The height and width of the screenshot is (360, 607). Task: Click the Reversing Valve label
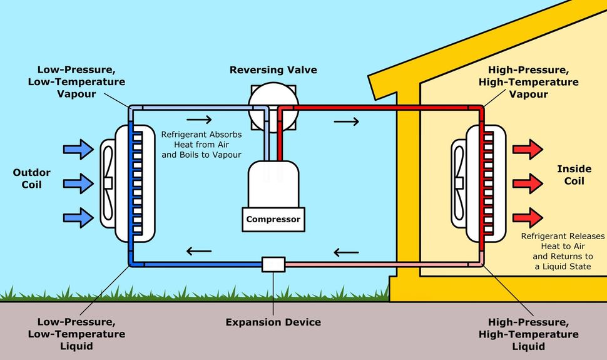273,69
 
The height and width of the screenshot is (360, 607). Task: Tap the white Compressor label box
273,219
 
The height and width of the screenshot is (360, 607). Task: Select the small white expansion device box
273,264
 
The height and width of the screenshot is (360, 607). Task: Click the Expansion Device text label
273,322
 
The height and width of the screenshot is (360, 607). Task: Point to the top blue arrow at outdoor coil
78,150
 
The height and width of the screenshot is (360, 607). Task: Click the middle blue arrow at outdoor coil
78,183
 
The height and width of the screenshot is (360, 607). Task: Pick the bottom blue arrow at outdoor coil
78,217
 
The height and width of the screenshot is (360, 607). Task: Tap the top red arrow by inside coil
527,150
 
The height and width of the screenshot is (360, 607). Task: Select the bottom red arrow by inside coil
527,217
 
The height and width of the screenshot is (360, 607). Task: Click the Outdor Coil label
32,178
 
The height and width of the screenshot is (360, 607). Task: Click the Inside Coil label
570,175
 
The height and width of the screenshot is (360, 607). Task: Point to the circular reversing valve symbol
273,105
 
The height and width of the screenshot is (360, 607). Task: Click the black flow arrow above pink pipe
346,252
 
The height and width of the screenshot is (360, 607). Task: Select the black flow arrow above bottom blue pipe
199,252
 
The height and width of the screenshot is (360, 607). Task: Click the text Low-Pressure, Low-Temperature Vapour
81,82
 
